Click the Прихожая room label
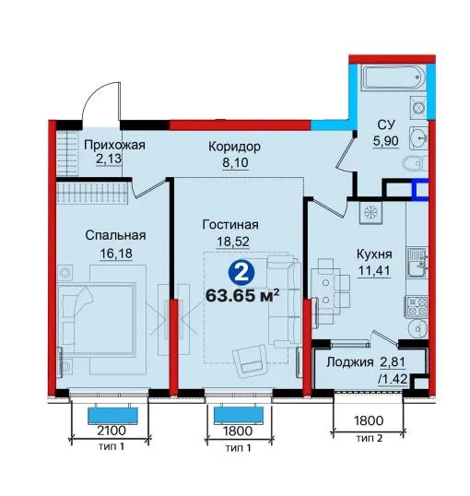tap(114, 145)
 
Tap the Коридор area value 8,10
tap(235, 162)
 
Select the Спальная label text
tap(115, 235)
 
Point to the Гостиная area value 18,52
tap(233, 242)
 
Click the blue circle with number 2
tap(241, 273)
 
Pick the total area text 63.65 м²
tap(242, 296)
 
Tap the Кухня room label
tap(374, 254)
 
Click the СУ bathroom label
tap(386, 124)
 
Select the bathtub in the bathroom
tap(394, 77)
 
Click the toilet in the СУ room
tap(416, 164)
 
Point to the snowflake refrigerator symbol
tap(370, 213)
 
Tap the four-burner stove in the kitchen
tap(417, 307)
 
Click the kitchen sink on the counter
tap(417, 262)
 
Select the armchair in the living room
tap(252, 360)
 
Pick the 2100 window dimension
tap(112, 431)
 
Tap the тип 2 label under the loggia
tap(370, 439)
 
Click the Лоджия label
tap(350, 362)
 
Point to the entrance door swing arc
tap(95, 95)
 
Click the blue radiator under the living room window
tap(239, 415)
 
